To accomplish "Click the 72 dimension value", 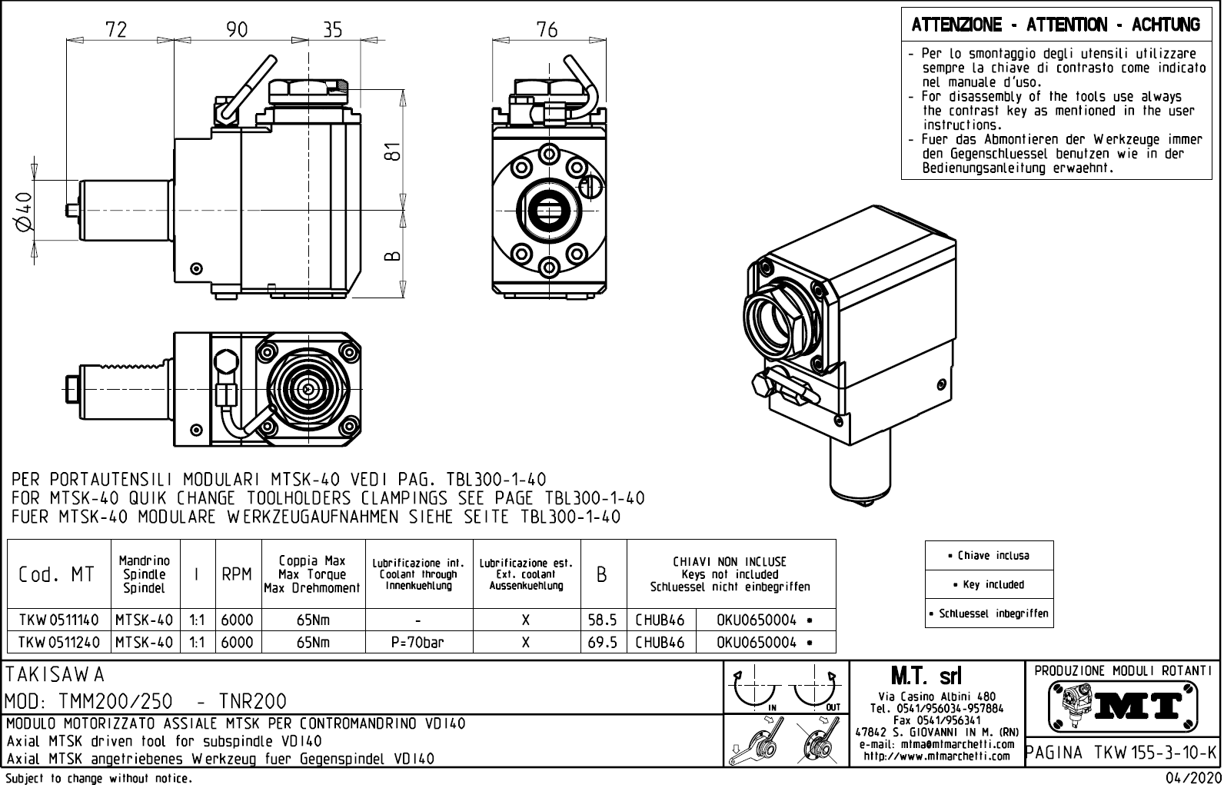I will tap(116, 29).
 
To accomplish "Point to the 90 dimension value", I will tap(237, 29).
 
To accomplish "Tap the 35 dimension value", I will tap(332, 29).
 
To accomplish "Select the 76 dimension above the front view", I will tap(547, 29).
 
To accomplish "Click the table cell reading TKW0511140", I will tap(58, 620).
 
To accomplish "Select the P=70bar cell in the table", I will tap(417, 642).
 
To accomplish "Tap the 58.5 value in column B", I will tap(603, 620).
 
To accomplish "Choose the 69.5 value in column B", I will tap(603, 642).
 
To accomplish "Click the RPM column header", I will tap(237, 574).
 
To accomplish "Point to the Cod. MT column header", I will tap(58, 574).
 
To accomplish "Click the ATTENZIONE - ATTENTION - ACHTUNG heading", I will tap(1056, 25).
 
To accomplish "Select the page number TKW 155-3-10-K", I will tap(1122, 751).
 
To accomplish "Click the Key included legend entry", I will tap(990, 584).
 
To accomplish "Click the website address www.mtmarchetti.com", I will tap(936, 756).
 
